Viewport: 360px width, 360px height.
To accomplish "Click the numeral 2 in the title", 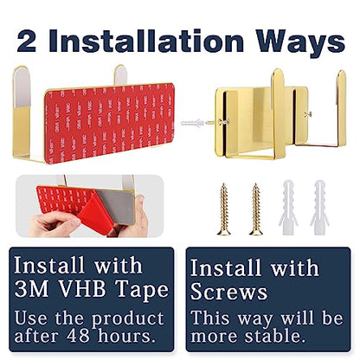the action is [27, 42].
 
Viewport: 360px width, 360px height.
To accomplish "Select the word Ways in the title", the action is [300, 43].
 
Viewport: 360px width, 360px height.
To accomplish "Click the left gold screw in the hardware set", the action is [223, 209].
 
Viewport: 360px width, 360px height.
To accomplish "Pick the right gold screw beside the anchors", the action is [256, 209].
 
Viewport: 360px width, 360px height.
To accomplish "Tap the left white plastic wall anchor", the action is [288, 208].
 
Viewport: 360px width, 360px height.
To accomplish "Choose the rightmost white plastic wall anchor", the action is [319, 208].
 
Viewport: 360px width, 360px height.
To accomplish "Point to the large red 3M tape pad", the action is [110, 123].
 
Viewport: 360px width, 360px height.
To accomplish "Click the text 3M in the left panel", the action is [31, 289].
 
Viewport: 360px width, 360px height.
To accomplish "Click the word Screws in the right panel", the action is [229, 291].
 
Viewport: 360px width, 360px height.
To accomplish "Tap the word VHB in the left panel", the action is [81, 289].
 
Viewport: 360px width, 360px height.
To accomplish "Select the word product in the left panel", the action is [128, 319].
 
